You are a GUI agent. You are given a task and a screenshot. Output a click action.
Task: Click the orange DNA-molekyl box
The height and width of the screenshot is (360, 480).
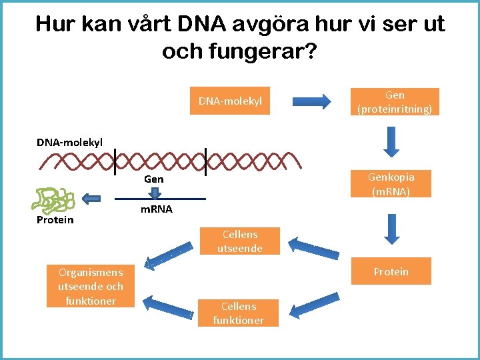point(230,101)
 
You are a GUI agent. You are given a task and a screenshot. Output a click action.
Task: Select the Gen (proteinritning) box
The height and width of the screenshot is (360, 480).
point(395,102)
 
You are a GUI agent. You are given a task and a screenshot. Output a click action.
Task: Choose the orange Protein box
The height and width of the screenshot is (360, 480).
point(391,271)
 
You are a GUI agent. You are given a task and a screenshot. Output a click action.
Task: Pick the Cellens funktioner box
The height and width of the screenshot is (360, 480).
point(239,313)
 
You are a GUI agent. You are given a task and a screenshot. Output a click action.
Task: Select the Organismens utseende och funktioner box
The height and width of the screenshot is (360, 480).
point(91,286)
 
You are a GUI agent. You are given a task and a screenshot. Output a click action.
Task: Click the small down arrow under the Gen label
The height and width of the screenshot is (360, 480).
point(155,192)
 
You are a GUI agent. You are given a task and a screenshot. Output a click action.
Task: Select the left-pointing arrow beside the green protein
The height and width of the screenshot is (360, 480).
point(91,197)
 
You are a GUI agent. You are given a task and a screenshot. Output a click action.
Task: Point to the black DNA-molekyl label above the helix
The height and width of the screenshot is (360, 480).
point(70,141)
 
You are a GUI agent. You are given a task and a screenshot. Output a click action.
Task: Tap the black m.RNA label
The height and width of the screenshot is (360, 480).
point(156,209)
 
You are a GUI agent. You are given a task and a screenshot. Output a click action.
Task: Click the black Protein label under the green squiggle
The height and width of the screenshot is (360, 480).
point(55,220)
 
